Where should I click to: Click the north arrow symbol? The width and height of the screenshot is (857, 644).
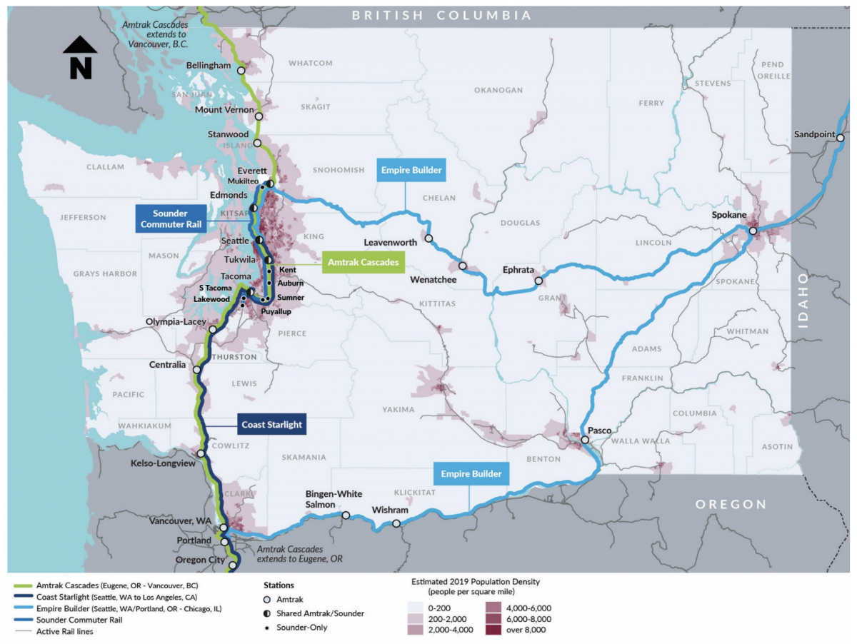point(80,57)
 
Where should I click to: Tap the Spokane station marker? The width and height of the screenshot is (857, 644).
point(753,231)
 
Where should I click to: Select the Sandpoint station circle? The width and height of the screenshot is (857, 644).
point(841,138)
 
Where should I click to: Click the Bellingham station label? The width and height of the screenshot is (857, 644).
point(209,66)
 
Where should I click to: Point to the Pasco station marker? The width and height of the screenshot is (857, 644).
point(585,440)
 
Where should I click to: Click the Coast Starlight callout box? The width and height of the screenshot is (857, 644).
point(271,424)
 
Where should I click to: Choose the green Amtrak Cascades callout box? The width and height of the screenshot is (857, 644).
point(363,263)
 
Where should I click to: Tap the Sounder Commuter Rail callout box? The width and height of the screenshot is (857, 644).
point(169,219)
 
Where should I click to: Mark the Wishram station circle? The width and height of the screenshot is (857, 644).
point(396,524)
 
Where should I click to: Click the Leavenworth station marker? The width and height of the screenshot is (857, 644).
point(429,238)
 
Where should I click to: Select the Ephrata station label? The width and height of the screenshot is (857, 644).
point(518,270)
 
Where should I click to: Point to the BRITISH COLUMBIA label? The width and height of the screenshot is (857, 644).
point(441,15)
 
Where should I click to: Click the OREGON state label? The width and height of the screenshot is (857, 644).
point(731,504)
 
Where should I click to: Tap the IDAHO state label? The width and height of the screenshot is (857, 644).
point(803,300)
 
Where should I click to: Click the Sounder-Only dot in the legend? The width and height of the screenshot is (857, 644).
point(267,627)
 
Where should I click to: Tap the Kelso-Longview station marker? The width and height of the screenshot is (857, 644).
point(201,453)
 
